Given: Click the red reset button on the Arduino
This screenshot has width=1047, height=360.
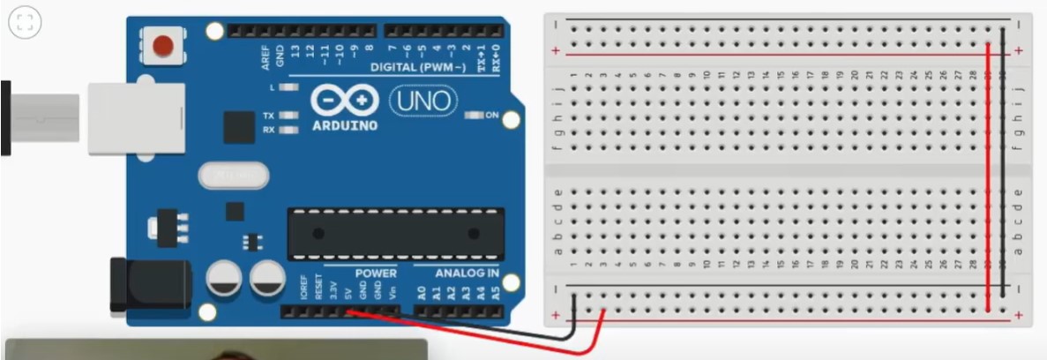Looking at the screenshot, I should tap(163, 45).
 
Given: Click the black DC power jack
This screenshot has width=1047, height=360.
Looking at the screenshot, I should tap(150, 285).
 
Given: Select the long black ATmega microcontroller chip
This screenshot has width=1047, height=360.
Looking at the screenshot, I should tap(396, 234).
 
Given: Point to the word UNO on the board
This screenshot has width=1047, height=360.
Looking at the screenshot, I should tap(424, 101).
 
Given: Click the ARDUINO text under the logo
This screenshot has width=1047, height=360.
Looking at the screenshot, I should tap(345, 125).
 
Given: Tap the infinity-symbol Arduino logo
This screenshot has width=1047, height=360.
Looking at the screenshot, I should tap(345, 101).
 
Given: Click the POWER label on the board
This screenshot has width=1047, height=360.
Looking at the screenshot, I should tap(376, 274).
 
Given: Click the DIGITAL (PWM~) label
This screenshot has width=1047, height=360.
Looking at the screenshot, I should tap(421, 67).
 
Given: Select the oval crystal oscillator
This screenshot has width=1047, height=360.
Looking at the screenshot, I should tap(234, 176).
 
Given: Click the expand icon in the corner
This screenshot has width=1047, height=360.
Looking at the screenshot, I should tap(25, 23).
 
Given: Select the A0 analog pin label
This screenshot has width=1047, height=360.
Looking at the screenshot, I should tap(421, 290).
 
